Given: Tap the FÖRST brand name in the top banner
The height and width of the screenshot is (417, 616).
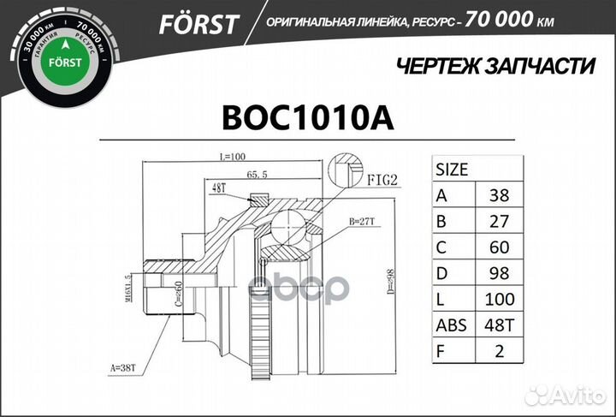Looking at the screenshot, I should click(x=198, y=25).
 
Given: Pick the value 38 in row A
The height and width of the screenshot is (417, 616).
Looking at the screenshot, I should click(x=499, y=195).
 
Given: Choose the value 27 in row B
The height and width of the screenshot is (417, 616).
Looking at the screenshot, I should click(x=499, y=221).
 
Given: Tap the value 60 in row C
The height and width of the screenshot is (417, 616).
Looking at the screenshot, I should click(x=499, y=247).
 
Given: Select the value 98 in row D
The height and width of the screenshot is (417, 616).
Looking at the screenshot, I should click(x=499, y=273).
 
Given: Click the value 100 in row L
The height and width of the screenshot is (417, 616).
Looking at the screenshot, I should click(x=499, y=300).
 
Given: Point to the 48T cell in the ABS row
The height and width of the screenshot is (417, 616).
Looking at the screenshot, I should click(x=499, y=325).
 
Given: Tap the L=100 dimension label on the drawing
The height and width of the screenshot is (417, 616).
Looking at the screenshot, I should click(x=232, y=157).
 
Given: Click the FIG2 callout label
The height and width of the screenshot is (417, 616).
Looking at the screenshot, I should click(x=383, y=182).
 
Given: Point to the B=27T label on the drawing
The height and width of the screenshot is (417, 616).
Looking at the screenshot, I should click(x=363, y=221).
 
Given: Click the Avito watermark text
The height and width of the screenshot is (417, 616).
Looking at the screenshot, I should click(x=575, y=395).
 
